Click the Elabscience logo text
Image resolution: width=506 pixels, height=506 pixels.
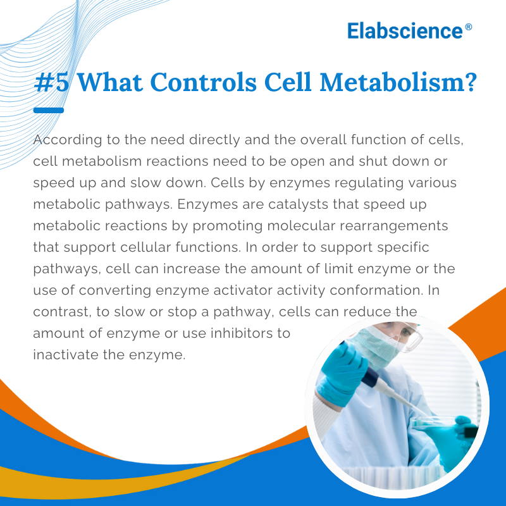(405, 30)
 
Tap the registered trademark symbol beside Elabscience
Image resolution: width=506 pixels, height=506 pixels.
(468, 27)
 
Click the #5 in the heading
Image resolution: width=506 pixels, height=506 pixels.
(51, 83)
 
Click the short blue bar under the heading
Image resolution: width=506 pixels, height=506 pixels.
(48, 111)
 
